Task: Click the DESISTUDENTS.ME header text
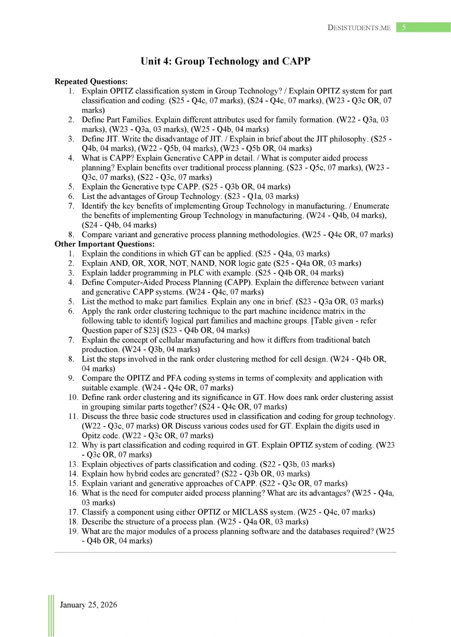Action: pos(359,27)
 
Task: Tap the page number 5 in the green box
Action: pos(404,27)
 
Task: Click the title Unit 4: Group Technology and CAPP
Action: pos(225,61)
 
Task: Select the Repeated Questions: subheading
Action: pos(91,82)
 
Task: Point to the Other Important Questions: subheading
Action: pos(104,244)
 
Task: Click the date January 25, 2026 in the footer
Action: pos(88,604)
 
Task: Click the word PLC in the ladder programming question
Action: pos(196,273)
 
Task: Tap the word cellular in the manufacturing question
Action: pos(168,340)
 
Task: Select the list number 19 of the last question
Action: pos(73,531)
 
